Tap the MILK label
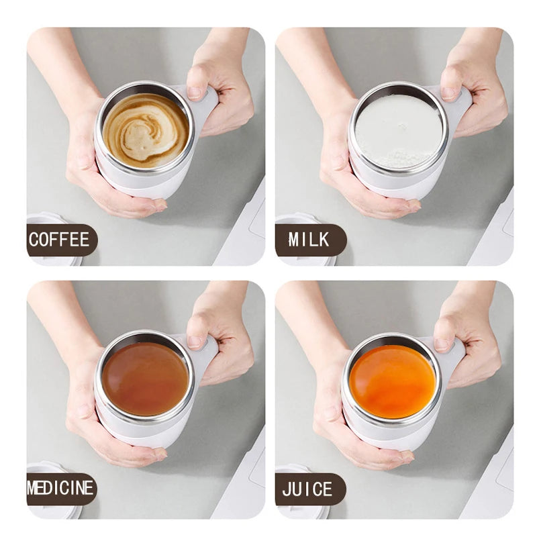[x=309, y=240]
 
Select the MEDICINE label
[x=60, y=489]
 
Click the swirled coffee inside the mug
[x=146, y=130]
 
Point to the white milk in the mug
[x=399, y=131]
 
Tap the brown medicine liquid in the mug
[x=146, y=379]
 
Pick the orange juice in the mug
[x=393, y=381]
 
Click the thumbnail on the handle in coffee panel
[x=195, y=93]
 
